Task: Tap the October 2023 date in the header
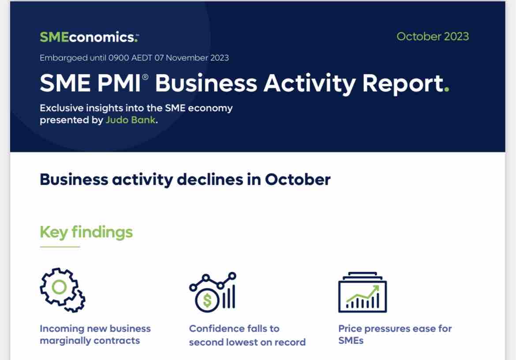click(x=432, y=37)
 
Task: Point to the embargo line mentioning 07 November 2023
click(x=134, y=58)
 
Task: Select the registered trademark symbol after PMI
click(x=145, y=77)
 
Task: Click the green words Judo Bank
click(x=130, y=120)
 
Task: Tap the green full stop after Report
click(x=447, y=90)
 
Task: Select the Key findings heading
click(x=86, y=232)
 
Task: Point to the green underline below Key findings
click(x=60, y=247)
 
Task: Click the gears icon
click(x=63, y=290)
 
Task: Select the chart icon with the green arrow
click(x=362, y=292)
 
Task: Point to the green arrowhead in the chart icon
click(x=376, y=289)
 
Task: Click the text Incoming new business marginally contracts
click(x=95, y=334)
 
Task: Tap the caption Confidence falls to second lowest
click(x=247, y=335)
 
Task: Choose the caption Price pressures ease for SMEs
click(x=395, y=334)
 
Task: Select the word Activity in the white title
click(x=309, y=83)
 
